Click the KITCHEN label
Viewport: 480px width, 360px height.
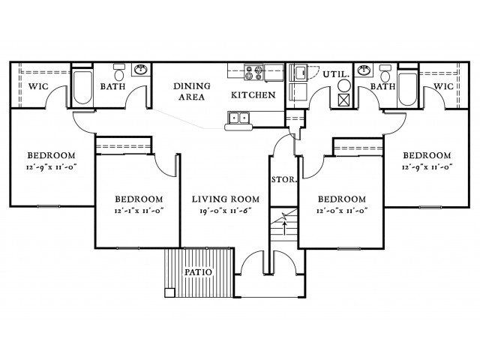pos(253,95)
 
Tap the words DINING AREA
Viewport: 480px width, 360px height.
pos(192,91)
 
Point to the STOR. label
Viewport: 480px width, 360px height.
pos(283,180)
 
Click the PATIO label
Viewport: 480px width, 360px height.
pos(198,271)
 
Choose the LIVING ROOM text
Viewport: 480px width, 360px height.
pos(225,199)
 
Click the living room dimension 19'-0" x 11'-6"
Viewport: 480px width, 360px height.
pos(225,211)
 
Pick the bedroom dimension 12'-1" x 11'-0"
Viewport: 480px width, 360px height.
pos(136,211)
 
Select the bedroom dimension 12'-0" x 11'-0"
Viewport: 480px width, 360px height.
pos(341,211)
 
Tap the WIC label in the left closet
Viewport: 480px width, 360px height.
pos(38,87)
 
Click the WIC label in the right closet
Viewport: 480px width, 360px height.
pos(443,87)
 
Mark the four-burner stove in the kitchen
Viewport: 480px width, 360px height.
pos(253,73)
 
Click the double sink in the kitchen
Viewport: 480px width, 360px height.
pos(240,117)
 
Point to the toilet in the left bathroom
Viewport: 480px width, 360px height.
pos(118,74)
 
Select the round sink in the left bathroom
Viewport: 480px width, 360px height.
pos(140,71)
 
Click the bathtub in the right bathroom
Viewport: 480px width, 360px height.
pos(408,87)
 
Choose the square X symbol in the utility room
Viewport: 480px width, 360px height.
pos(343,99)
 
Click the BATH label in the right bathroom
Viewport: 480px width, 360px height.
pos(383,87)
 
